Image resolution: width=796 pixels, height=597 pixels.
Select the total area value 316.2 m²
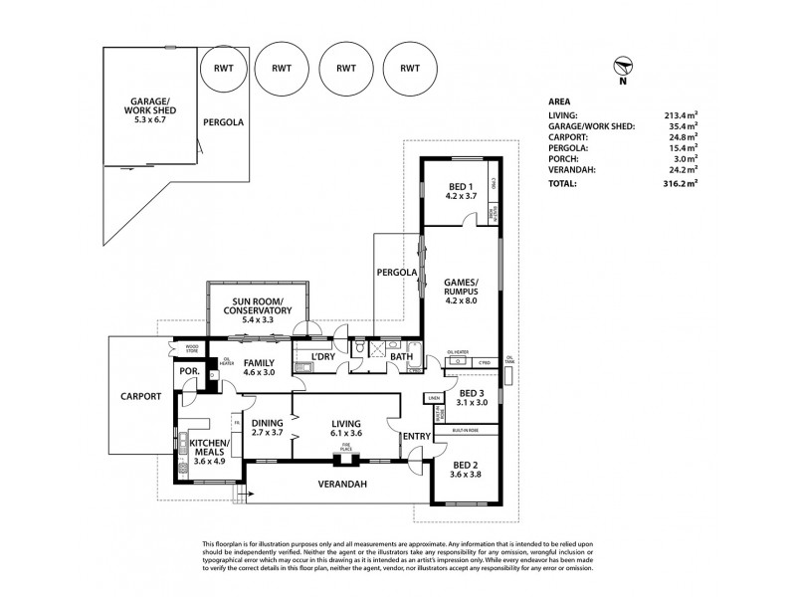pos(681,184)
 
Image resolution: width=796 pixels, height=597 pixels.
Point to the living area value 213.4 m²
pos(681,115)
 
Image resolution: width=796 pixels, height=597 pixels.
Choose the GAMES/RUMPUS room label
pos(461,289)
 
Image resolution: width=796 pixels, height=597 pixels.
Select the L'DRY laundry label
pos(321,356)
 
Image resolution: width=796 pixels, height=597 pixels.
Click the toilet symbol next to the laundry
pos(359,350)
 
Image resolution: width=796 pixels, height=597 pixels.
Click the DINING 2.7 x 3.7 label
pos(268,427)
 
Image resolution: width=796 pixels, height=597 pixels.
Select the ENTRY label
pos(414,436)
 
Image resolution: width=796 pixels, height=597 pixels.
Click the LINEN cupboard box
pos(433,398)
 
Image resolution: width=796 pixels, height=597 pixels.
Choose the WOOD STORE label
pos(185,347)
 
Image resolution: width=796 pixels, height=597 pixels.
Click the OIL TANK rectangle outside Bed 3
pos(509,376)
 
